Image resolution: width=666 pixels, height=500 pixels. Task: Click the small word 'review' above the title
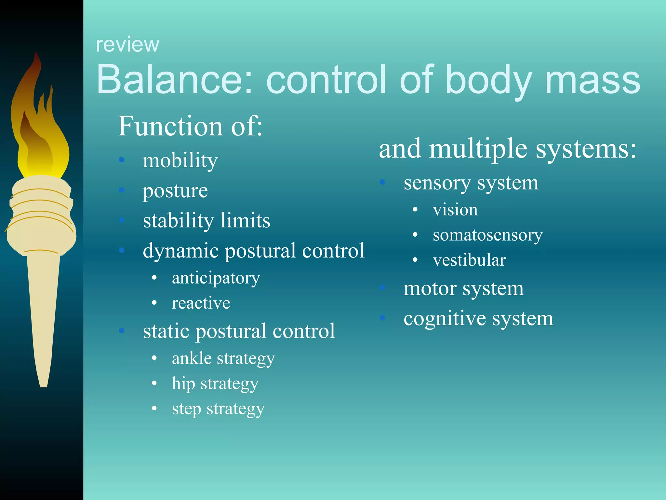127,45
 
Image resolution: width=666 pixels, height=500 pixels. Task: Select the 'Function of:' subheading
190,126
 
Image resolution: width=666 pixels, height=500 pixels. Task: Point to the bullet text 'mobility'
180,161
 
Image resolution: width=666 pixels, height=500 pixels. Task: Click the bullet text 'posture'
175,191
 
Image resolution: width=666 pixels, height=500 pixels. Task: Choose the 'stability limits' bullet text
206,221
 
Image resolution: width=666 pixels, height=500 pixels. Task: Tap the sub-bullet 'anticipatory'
216,279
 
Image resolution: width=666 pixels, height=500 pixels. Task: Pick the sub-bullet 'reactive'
201,303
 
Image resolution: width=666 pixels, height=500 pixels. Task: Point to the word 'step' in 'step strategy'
186,410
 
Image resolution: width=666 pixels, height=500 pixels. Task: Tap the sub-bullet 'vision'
455,210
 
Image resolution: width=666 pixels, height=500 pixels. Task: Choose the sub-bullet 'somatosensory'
487,235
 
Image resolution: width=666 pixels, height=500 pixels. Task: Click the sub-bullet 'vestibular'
469,260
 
